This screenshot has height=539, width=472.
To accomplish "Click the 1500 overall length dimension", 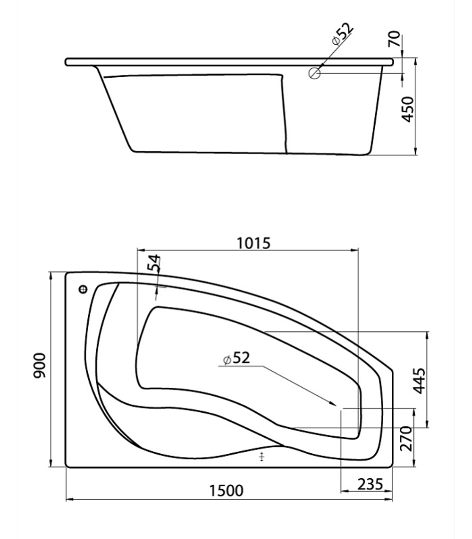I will point(227,491).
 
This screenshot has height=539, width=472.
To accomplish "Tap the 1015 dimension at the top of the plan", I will point(253,243).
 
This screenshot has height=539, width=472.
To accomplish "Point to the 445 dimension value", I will point(418,380).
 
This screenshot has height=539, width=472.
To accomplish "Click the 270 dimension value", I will point(406,439).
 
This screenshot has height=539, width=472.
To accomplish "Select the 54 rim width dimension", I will point(154,263).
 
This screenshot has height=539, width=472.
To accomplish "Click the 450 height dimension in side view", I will point(407,109).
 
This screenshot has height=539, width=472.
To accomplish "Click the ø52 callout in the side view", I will point(343,34).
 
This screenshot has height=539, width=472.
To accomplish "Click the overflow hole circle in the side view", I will point(315,73).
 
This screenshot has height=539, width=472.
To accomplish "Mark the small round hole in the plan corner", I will point(84,289).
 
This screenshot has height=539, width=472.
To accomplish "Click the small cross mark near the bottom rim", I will point(262,456).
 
